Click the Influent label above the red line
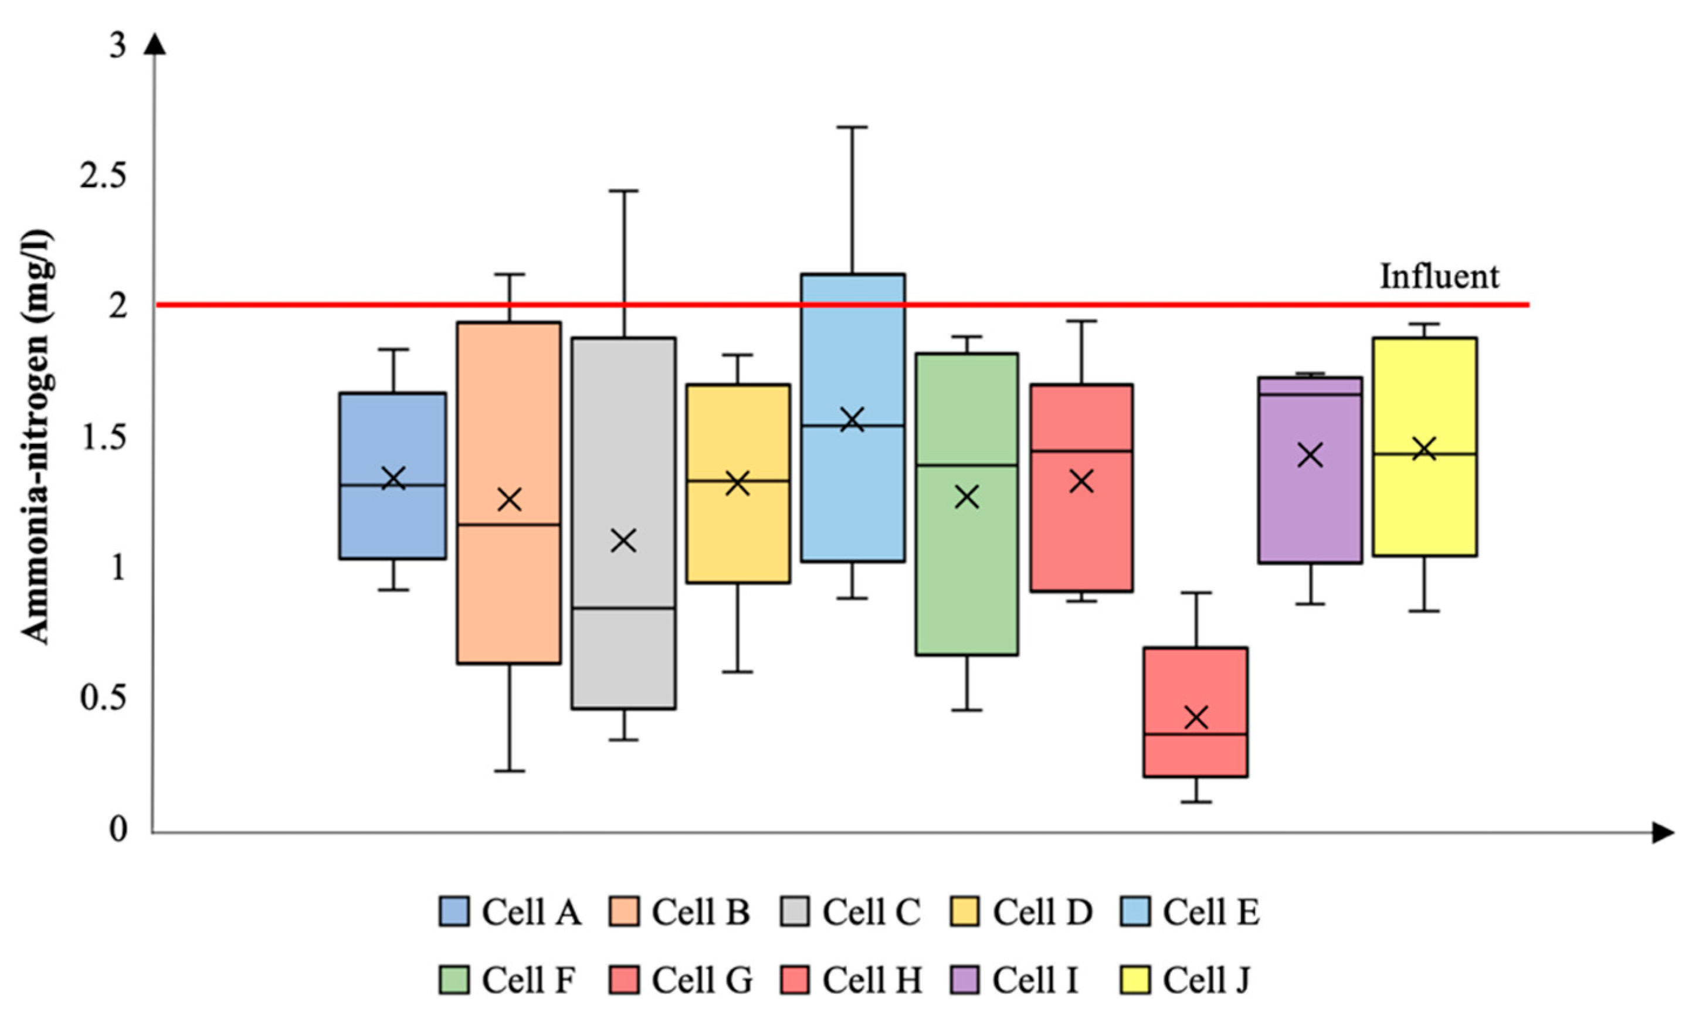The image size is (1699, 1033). pos(1439,277)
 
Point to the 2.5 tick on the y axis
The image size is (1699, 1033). pos(103,176)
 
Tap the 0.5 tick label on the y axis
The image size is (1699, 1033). pos(103,698)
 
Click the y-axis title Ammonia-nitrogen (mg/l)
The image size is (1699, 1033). pos(36,437)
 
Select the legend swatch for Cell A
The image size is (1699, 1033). pos(454,911)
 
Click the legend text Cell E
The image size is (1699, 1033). pos(1211,912)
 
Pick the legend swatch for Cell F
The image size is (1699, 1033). pos(454,979)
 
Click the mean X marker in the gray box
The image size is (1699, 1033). pos(624,541)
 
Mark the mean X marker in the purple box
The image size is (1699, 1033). pos(1310,455)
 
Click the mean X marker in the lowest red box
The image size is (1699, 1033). pos(1196,718)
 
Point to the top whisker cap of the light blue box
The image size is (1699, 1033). pos(852,127)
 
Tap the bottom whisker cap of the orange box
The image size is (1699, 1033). pos(510,771)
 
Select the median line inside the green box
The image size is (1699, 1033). pos(967,465)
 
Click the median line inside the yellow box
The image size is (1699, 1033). pos(1425,454)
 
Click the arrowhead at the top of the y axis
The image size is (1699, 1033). pos(156,44)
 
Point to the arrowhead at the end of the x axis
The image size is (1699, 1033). pos(1663,833)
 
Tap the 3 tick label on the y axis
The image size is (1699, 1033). pos(118,46)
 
